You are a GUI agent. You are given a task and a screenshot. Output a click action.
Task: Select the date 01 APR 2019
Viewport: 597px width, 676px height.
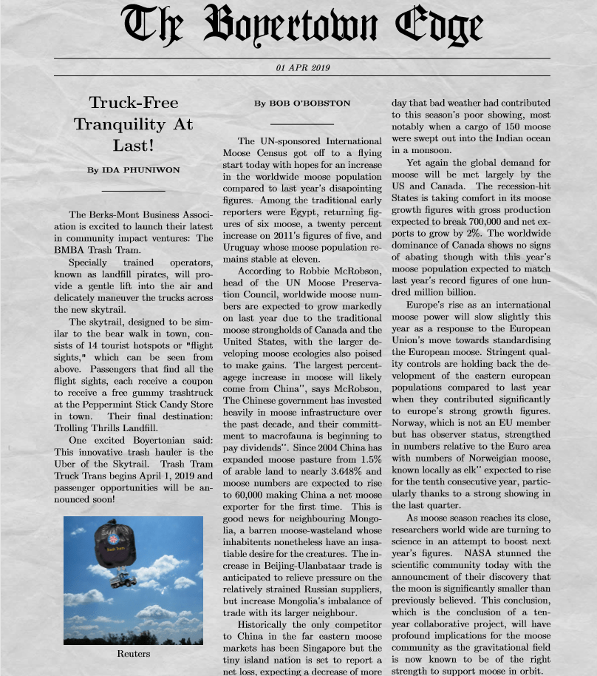[302, 67]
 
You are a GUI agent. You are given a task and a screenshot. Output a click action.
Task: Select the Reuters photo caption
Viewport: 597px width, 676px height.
[133, 654]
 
